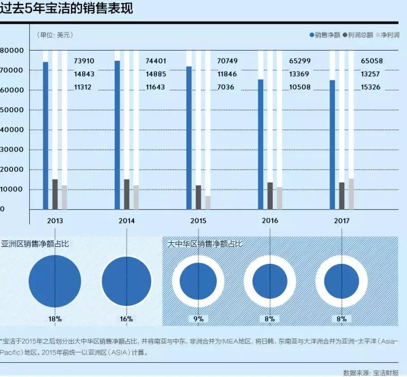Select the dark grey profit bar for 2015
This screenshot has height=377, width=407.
pos(198,197)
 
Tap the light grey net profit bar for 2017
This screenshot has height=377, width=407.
pos(351,194)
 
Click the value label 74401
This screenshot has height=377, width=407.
pos(156,61)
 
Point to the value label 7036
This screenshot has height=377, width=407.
pos(225,87)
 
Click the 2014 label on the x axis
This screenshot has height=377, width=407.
pos(127,221)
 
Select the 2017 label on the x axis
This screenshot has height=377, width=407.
pos(342,221)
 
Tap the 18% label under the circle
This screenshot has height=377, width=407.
pos(55,319)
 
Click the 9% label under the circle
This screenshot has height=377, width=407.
pos(198,319)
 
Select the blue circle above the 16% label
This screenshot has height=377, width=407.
pos(127,281)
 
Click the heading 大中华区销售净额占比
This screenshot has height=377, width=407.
pos(205,244)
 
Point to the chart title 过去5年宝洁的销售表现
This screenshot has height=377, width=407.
pos(67,8)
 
